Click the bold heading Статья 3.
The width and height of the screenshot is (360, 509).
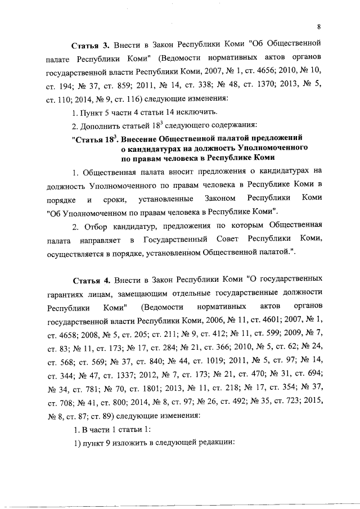tap(89, 44)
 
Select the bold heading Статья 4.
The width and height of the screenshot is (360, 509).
tap(89, 280)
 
